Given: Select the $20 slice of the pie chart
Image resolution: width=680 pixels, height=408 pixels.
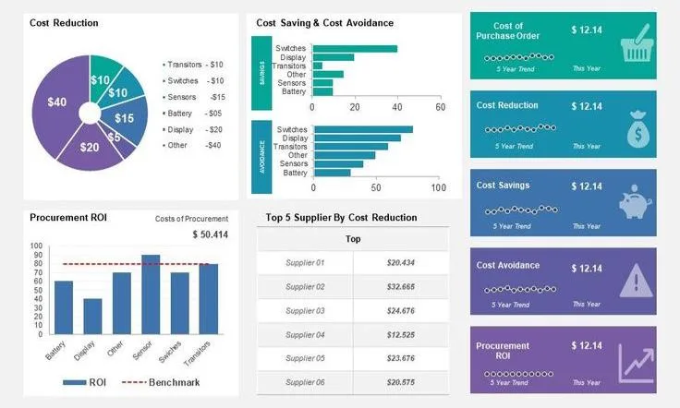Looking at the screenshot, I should coord(90,147).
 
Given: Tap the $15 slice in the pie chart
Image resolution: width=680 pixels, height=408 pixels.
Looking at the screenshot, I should coord(125,118).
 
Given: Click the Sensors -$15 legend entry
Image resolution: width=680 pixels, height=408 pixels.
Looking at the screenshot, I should coord(194,97).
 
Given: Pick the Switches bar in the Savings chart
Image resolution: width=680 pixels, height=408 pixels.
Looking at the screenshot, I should coord(355,49).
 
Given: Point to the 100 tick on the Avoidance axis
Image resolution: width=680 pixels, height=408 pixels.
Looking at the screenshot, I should coord(438,187).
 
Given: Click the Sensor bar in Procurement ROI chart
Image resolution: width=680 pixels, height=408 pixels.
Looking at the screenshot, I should coord(150,294).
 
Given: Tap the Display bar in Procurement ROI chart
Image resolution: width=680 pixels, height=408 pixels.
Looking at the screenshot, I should coord(92,316).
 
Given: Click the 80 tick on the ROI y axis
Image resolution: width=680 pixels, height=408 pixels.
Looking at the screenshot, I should coord(37,263).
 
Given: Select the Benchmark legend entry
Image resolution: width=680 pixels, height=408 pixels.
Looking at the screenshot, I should coord(166,382).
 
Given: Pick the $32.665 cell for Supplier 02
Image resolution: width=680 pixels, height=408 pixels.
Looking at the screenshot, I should coord(400,287).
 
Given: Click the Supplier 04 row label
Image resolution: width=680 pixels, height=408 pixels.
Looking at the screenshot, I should coord(305,334).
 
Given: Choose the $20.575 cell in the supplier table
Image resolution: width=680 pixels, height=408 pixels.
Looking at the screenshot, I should coord(400,382).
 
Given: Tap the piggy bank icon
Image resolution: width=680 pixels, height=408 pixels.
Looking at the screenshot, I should coord(636,202).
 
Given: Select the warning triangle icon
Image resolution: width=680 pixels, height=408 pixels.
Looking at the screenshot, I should coord(636,279).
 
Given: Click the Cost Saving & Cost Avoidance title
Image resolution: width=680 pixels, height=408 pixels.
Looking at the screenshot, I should coord(324,23).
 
